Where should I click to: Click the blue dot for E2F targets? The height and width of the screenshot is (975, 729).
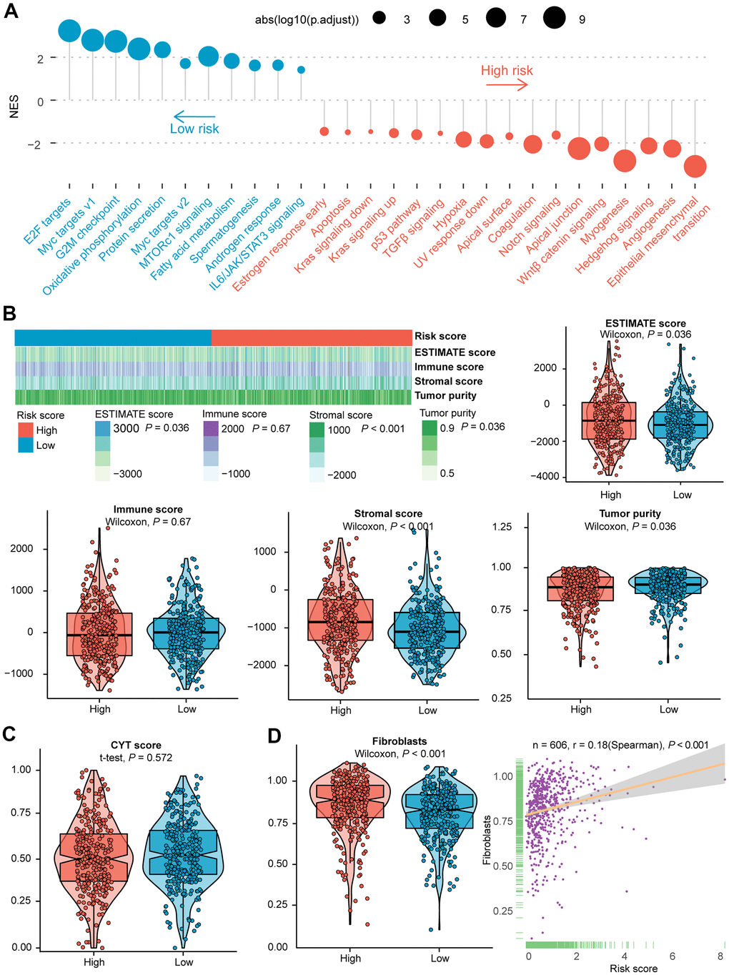pos(70,31)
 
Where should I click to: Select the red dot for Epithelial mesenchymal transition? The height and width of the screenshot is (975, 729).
pos(695,167)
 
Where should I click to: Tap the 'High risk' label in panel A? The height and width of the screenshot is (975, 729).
pos(507,70)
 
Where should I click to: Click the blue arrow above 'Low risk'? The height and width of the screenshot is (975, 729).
pos(194,116)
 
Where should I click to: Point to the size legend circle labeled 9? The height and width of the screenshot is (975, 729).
pos(555,19)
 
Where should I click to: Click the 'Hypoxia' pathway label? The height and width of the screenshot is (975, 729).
pos(450,213)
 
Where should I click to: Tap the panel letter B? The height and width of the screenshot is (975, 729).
pos(9,313)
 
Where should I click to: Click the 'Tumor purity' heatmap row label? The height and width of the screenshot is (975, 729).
pos(445,395)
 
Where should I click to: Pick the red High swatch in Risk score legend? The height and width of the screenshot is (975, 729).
pos(26,430)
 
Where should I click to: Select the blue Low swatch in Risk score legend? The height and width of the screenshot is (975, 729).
pos(26,445)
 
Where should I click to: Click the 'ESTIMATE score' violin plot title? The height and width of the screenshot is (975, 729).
pos(645,323)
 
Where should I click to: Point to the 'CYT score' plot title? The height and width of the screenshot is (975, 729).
pos(136,745)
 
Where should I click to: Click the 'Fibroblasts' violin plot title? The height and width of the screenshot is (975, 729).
pos(400,741)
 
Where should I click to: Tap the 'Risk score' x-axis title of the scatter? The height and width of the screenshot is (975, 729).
pos(633,969)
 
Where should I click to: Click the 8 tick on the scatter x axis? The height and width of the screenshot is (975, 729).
pos(720,956)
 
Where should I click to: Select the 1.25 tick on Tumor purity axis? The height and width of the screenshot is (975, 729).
pos(502,527)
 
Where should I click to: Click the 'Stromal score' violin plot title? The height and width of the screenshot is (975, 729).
pos(388,513)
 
